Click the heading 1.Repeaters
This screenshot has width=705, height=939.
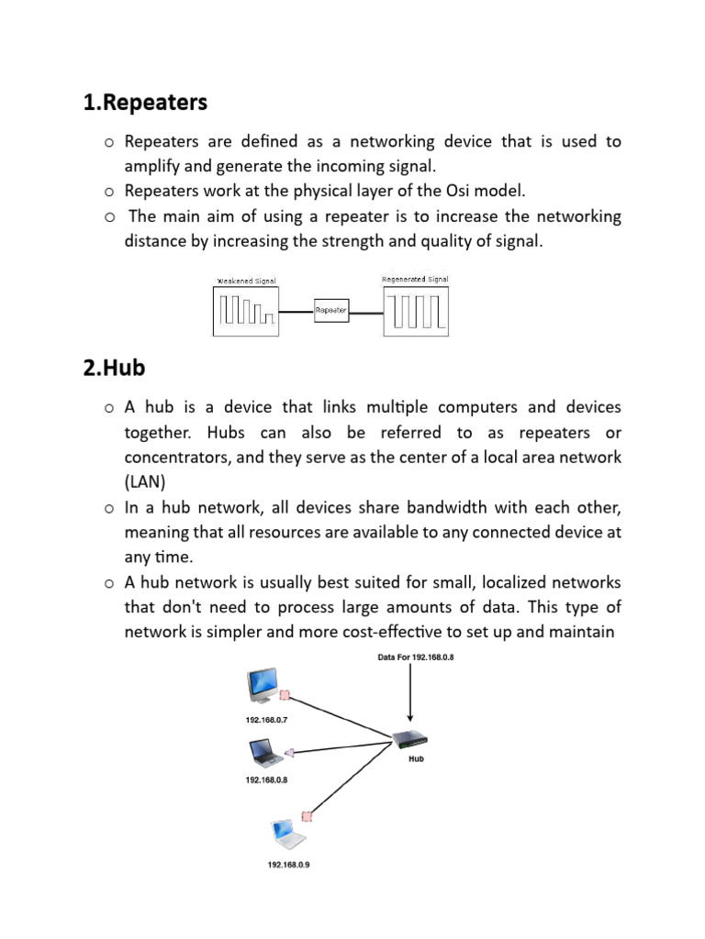(145, 103)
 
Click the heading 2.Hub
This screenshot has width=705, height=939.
(114, 368)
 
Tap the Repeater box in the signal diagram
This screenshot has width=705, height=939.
(330, 311)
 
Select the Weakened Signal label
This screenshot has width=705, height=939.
(245, 281)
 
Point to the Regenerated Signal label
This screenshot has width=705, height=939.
(415, 279)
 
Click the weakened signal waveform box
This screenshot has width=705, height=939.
(245, 311)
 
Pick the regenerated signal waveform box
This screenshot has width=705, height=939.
(415, 311)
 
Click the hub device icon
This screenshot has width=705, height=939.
(410, 739)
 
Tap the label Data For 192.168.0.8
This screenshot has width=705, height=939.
(416, 657)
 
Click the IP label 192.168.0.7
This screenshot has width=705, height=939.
(266, 720)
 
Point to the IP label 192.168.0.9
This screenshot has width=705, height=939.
(288, 865)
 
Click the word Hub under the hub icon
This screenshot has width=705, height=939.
(416, 759)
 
